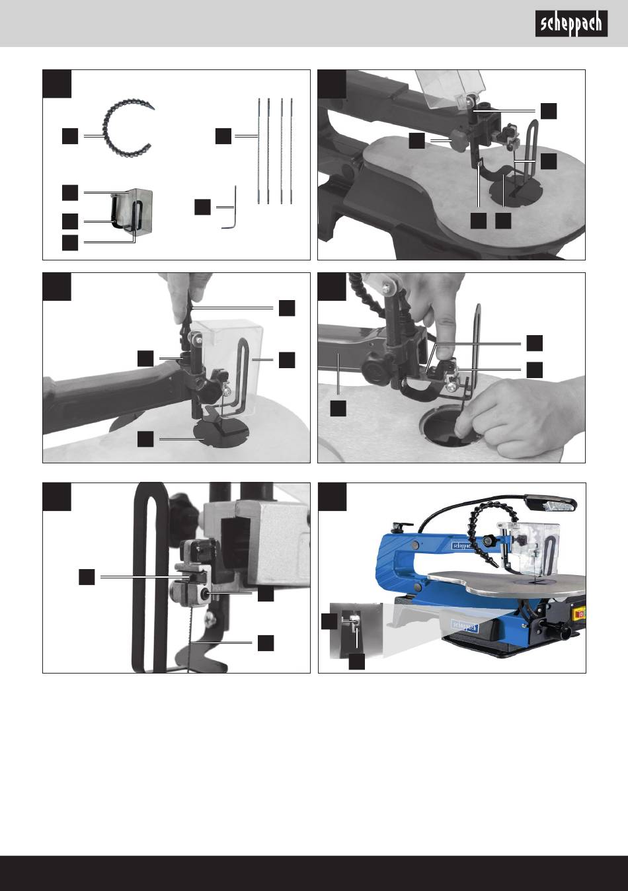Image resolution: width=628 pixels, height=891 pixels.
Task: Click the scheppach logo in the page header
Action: (x=571, y=24)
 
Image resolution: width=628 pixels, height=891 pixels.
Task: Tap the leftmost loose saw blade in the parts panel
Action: (x=258, y=151)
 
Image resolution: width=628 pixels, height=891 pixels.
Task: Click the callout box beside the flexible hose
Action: (x=70, y=136)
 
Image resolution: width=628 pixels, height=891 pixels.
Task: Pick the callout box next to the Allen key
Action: (x=202, y=208)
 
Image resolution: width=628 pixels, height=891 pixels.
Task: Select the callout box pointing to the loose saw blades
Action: (x=223, y=136)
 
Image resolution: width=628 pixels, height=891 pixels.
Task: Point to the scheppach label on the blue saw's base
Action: (x=465, y=627)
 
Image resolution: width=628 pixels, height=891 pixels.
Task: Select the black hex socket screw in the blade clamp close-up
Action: (x=206, y=594)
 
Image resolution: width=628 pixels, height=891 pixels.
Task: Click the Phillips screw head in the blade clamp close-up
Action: (x=211, y=617)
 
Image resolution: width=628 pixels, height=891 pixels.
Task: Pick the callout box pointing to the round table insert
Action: (x=145, y=439)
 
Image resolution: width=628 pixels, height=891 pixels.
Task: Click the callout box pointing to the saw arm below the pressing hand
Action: (x=338, y=408)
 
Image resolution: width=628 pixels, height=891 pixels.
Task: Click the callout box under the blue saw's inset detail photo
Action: (x=357, y=662)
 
